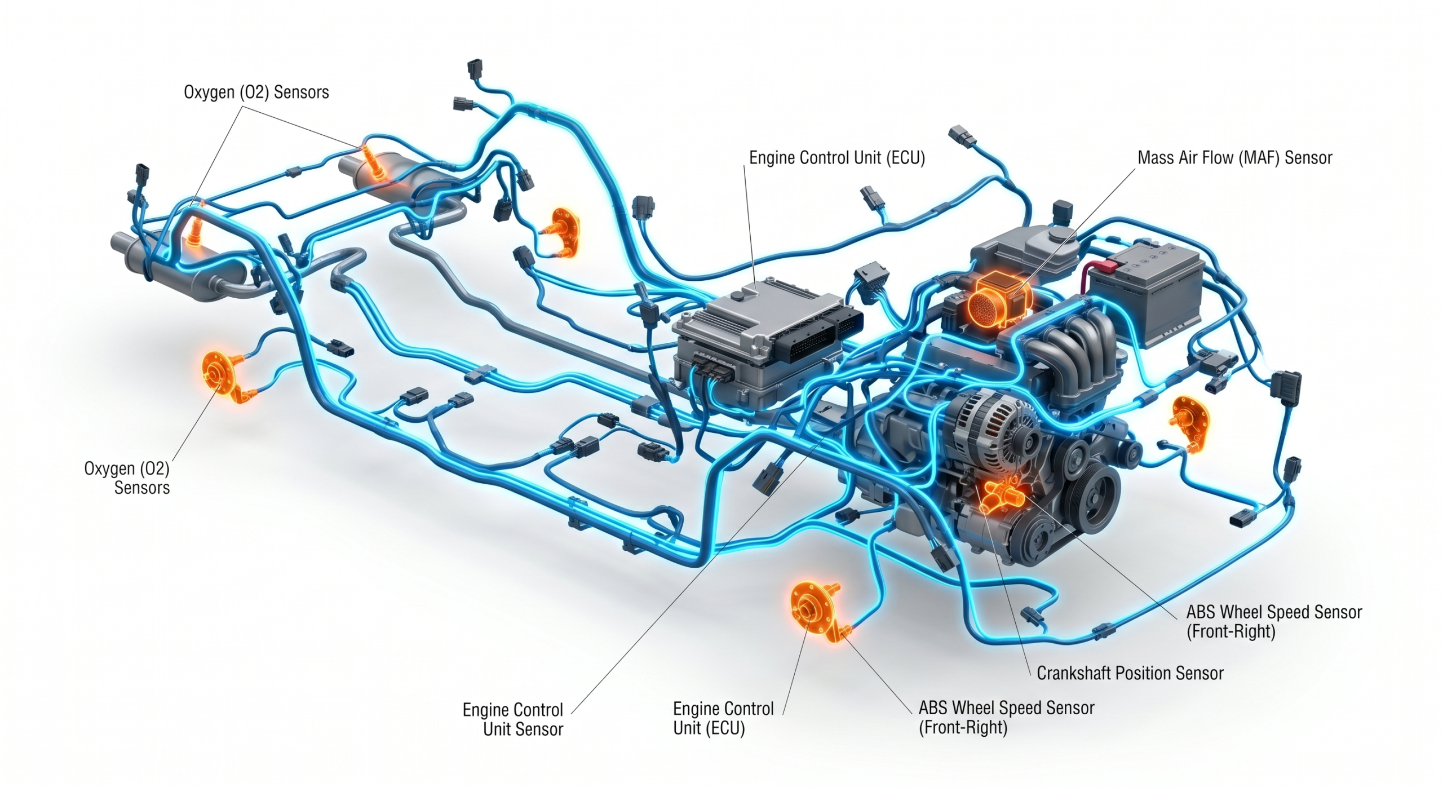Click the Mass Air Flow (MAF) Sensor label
(1234, 158)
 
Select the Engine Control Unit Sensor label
(513, 719)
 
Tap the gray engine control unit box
(767, 344)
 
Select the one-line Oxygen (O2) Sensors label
(256, 92)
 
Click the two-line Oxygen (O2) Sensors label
(127, 477)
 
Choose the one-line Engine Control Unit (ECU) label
(837, 158)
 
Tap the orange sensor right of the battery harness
(1189, 423)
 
